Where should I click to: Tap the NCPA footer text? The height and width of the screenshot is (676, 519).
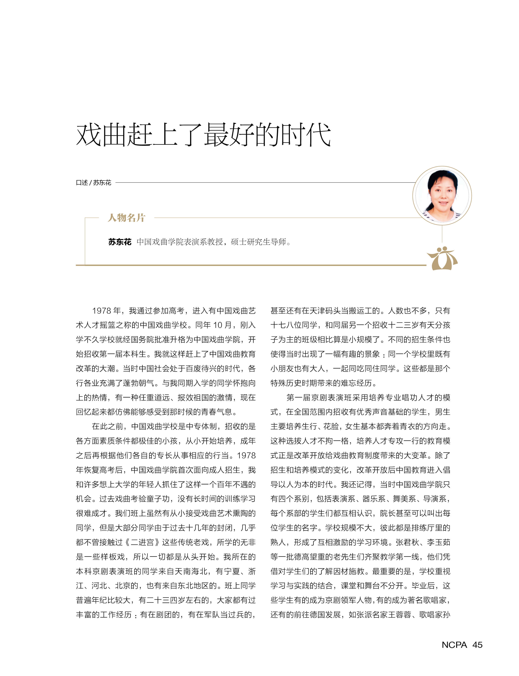tap(454, 645)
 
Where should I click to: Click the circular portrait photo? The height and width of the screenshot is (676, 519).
tap(442, 195)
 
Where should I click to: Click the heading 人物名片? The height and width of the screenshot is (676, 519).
tap(126, 218)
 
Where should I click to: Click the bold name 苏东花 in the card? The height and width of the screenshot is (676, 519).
tap(120, 242)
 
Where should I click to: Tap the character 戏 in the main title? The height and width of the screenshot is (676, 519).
tap(89, 135)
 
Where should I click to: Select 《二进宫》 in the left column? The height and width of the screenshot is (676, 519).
tap(143, 542)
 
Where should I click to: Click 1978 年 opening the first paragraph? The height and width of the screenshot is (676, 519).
tap(106, 311)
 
